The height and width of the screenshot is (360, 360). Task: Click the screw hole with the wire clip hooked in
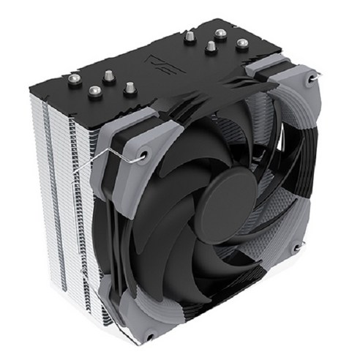click(144, 154)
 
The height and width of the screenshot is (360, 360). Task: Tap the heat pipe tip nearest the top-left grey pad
click(130, 88)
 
